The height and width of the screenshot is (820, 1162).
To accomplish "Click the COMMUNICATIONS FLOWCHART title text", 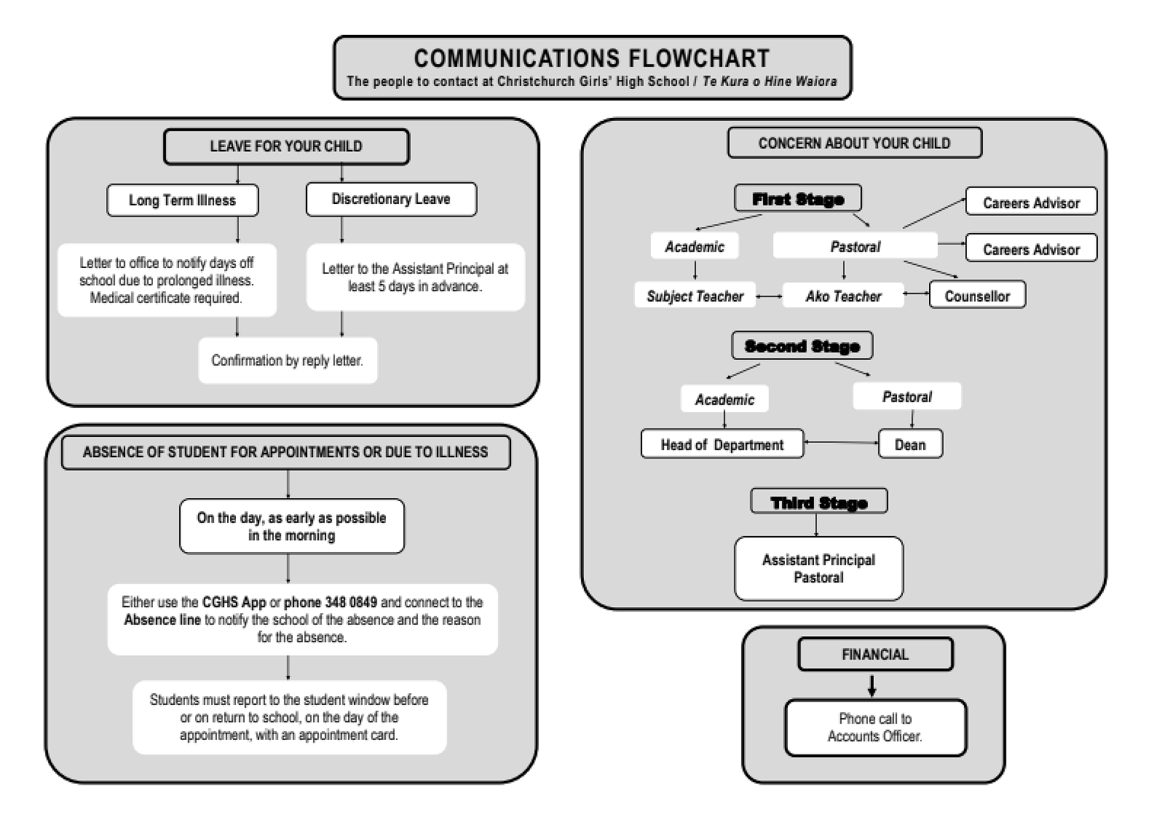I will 591,59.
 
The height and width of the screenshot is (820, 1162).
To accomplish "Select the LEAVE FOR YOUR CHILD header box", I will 286,146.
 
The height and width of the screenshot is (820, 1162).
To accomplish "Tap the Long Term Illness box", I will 182,200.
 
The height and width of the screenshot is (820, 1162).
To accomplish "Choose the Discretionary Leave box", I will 391,199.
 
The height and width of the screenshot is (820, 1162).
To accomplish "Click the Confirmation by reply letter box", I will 288,360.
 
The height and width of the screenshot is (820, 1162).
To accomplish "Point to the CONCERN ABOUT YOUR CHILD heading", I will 855,143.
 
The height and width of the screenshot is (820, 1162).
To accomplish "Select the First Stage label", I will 798,199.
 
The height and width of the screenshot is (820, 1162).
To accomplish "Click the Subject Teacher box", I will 695,296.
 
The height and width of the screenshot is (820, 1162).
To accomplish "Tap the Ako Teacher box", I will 843,296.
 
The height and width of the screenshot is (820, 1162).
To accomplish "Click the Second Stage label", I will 802,346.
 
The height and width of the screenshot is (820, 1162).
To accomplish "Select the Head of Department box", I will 722,445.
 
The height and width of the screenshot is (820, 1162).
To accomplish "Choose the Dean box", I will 910,445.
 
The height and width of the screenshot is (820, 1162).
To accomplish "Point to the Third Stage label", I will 819,502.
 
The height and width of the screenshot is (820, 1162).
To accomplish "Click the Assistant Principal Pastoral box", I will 819,568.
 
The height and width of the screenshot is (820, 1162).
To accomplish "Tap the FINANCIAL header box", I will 875,654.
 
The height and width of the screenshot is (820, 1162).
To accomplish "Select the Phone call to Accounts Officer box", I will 875,728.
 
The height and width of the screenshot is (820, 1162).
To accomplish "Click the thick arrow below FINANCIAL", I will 871,686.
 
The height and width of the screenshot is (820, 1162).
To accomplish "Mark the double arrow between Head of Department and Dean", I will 841,443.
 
